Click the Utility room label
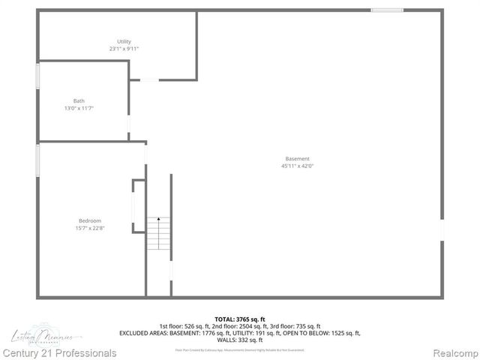[x=124, y=41]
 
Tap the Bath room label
[x=79, y=100]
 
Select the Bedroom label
[x=90, y=220]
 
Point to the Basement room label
[x=297, y=159]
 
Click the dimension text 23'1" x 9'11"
[x=124, y=49]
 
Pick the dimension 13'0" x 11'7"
[x=79, y=108]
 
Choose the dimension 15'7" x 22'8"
[x=90, y=228]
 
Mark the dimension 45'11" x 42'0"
[x=297, y=166]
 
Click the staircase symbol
[x=158, y=234]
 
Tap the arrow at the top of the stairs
[x=158, y=219]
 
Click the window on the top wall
[x=386, y=10]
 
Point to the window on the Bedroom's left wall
[x=38, y=160]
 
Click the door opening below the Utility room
[x=149, y=79]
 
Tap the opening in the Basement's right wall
[x=442, y=229]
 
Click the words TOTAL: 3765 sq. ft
[x=239, y=319]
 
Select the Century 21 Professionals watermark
[x=59, y=352]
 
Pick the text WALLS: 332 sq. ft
[x=239, y=340]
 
